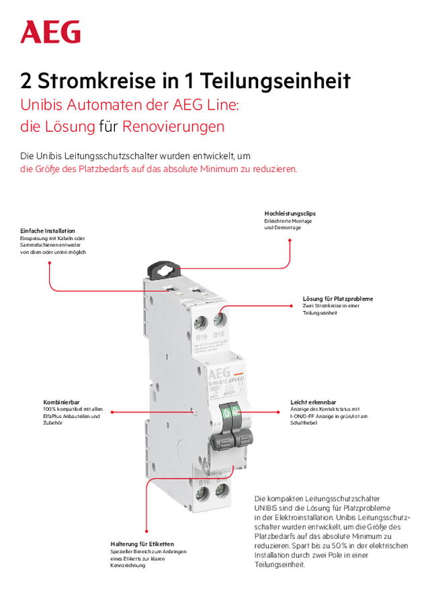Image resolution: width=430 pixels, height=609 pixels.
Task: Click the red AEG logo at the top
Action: pyautogui.click(x=50, y=32)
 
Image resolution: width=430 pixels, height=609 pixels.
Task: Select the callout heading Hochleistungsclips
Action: pyautogui.click(x=290, y=213)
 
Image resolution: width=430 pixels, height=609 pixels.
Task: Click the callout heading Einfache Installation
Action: pyautogui.click(x=48, y=231)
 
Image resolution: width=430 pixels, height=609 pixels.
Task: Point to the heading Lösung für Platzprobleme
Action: pyautogui.click(x=338, y=298)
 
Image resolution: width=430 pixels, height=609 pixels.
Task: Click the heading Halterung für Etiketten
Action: pyautogui.click(x=142, y=544)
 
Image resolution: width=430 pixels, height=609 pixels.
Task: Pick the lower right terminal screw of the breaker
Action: pyautogui.click(x=220, y=495)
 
